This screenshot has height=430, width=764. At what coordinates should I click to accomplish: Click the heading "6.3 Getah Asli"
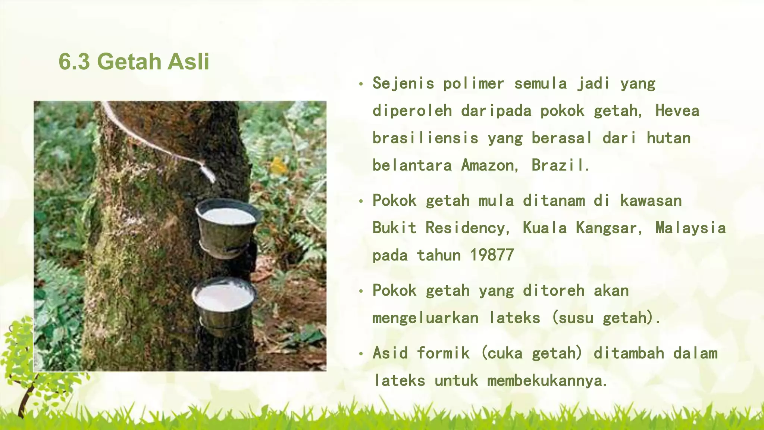pos(134,62)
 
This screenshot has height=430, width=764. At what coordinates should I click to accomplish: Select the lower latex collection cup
pos(224,304)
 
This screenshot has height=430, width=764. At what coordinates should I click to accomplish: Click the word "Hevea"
pos(677,111)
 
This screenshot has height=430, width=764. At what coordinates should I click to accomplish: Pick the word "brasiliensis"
pos(425,138)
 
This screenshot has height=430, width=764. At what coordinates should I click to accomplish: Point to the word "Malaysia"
pos(691,228)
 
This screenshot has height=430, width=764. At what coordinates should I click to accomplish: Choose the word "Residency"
pos(468,228)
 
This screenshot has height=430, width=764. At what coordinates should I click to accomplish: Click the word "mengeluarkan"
pos(425,318)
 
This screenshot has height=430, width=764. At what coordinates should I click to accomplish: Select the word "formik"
pos(443,353)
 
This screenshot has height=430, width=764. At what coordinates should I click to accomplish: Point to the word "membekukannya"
pos(547,381)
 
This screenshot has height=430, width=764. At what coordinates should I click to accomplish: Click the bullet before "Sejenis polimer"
pos(360,84)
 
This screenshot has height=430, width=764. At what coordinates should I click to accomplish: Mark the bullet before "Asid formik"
pos(360,354)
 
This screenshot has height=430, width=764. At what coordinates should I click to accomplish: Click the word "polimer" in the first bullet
pos(473,83)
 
